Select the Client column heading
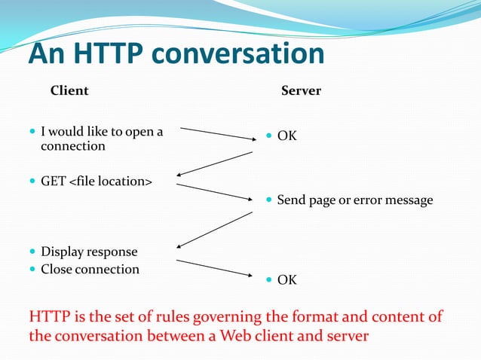pos(69,91)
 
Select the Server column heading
pos(301,91)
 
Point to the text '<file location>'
pos(112,182)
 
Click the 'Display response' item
pos(89,252)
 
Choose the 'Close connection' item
pos(90,269)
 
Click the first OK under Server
pos(286,136)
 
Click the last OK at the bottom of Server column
pos(286,280)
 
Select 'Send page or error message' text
pos(354,200)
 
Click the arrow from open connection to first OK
pos(218,133)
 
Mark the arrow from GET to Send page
pos(216,191)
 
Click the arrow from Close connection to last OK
pos(216,269)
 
